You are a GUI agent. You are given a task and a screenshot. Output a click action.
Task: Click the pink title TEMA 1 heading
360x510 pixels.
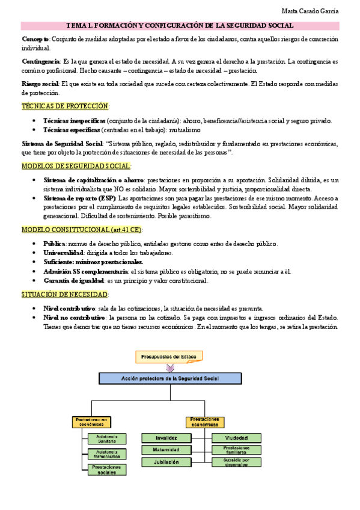coord(180,25)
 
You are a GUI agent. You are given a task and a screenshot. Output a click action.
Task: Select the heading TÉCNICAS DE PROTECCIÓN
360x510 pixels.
coord(65,106)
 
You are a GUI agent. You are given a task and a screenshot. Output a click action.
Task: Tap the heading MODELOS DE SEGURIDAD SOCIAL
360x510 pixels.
coord(76,167)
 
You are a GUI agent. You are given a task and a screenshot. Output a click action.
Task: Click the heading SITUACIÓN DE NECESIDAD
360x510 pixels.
coord(65,295)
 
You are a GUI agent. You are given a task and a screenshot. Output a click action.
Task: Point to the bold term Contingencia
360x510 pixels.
coord(40,61)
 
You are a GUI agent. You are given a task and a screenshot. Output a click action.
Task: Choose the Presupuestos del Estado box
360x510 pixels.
coord(168,357)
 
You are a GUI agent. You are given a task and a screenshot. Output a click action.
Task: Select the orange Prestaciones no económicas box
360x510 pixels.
coord(91,422)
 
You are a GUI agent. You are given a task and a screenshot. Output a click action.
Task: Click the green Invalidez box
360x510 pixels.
coord(166,438)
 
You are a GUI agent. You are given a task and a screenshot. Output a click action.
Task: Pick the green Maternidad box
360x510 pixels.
coord(166,450)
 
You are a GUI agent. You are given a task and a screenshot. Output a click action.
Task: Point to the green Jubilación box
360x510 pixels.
coord(166,462)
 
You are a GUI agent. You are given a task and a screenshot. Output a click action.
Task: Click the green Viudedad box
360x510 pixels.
coord(236,438)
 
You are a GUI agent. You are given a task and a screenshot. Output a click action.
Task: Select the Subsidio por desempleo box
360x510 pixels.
coord(236,462)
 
